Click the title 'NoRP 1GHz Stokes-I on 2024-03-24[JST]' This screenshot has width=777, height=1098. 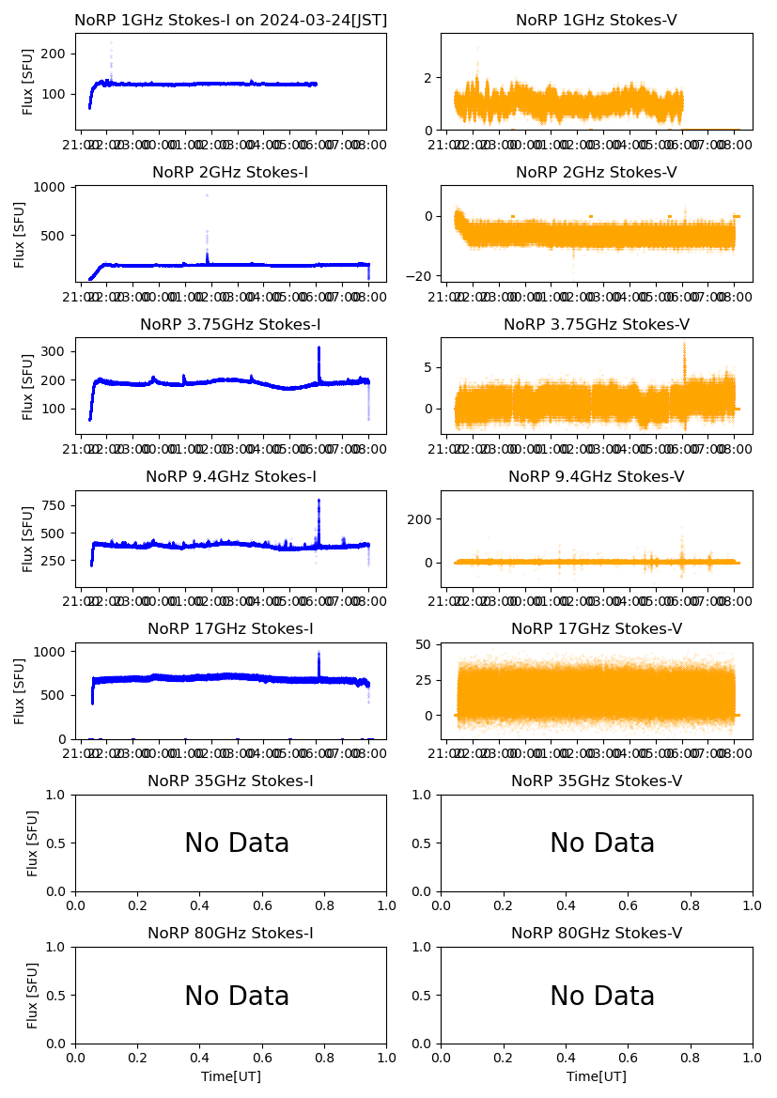(x=230, y=20)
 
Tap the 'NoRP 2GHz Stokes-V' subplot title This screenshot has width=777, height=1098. (x=597, y=172)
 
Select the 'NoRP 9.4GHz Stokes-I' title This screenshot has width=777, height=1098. (x=230, y=476)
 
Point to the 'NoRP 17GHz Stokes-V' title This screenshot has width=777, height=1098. (x=597, y=628)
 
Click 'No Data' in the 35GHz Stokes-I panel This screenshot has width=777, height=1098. (x=237, y=843)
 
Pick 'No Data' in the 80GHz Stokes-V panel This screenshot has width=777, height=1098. (x=602, y=996)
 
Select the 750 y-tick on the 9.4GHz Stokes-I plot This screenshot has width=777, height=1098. (x=55, y=505)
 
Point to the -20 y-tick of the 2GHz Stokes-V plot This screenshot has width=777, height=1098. (x=418, y=276)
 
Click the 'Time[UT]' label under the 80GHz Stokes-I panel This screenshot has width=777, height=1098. (x=230, y=1076)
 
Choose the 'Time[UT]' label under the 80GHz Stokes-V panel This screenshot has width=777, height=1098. (x=597, y=1076)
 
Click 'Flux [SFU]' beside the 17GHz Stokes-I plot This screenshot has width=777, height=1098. (x=21, y=690)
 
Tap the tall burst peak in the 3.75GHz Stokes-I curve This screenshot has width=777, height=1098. (x=319, y=348)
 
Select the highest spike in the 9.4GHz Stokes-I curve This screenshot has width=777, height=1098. (x=319, y=500)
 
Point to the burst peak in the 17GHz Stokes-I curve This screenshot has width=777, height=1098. (x=319, y=653)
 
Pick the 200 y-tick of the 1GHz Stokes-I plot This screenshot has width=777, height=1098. (x=55, y=54)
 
